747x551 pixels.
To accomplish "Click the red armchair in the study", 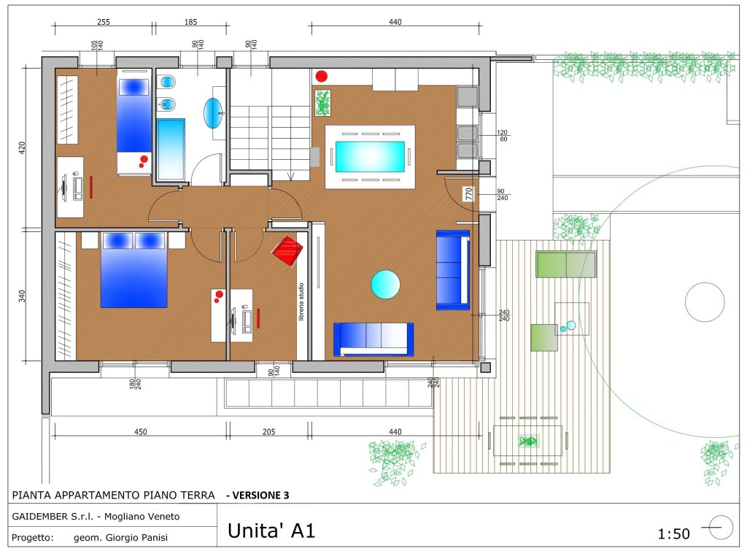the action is [x=287, y=251].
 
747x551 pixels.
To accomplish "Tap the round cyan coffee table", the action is [x=385, y=284].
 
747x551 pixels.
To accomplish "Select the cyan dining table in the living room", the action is [x=370, y=157].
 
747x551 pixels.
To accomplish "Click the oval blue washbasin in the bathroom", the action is [x=213, y=113].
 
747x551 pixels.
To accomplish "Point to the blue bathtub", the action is [x=171, y=149].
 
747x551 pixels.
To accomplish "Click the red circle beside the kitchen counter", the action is [x=322, y=76].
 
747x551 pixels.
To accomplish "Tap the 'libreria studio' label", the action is [x=301, y=301].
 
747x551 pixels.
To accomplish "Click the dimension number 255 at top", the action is [x=104, y=22].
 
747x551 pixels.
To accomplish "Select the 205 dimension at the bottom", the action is [x=268, y=432].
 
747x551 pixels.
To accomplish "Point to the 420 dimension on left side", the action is [x=22, y=147].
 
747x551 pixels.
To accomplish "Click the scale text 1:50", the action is [x=673, y=533].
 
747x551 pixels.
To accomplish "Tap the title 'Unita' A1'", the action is [x=271, y=531].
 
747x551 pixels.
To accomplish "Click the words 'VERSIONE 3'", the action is [x=260, y=496].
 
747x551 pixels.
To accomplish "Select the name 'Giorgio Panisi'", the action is [x=136, y=538].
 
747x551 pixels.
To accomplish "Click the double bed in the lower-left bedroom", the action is [x=133, y=270].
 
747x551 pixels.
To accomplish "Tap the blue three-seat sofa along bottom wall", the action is [x=373, y=339].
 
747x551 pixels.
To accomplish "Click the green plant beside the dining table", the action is [x=322, y=103].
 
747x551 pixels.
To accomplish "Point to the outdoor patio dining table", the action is [x=528, y=441].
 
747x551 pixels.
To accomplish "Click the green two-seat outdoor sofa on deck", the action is [x=566, y=264].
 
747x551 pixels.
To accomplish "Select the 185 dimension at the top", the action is [x=190, y=22].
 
